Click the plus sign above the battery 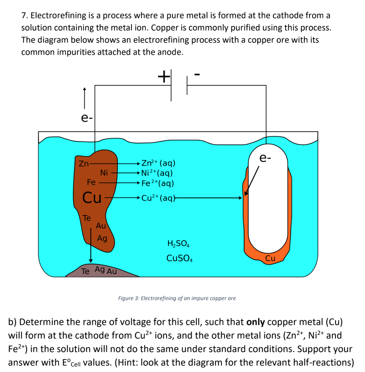pyautogui.click(x=164, y=77)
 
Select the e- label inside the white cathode pyautogui.click(x=265, y=158)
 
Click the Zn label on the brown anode pyautogui.click(x=84, y=164)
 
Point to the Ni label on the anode pyautogui.click(x=104, y=173)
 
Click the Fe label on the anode pyautogui.click(x=91, y=182)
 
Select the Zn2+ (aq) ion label pyautogui.click(x=158, y=163)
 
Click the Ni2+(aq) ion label pyautogui.click(x=157, y=173)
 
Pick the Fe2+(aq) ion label pyautogui.click(x=158, y=183)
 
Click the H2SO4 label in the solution pyautogui.click(x=178, y=243)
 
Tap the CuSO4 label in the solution pyautogui.click(x=179, y=258)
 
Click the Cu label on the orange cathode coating pyautogui.click(x=270, y=258)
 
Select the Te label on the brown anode pyautogui.click(x=87, y=218)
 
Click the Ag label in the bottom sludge pyautogui.click(x=100, y=269)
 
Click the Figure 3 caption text pyautogui.click(x=177, y=298)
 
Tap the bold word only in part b pyautogui.click(x=255, y=322)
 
